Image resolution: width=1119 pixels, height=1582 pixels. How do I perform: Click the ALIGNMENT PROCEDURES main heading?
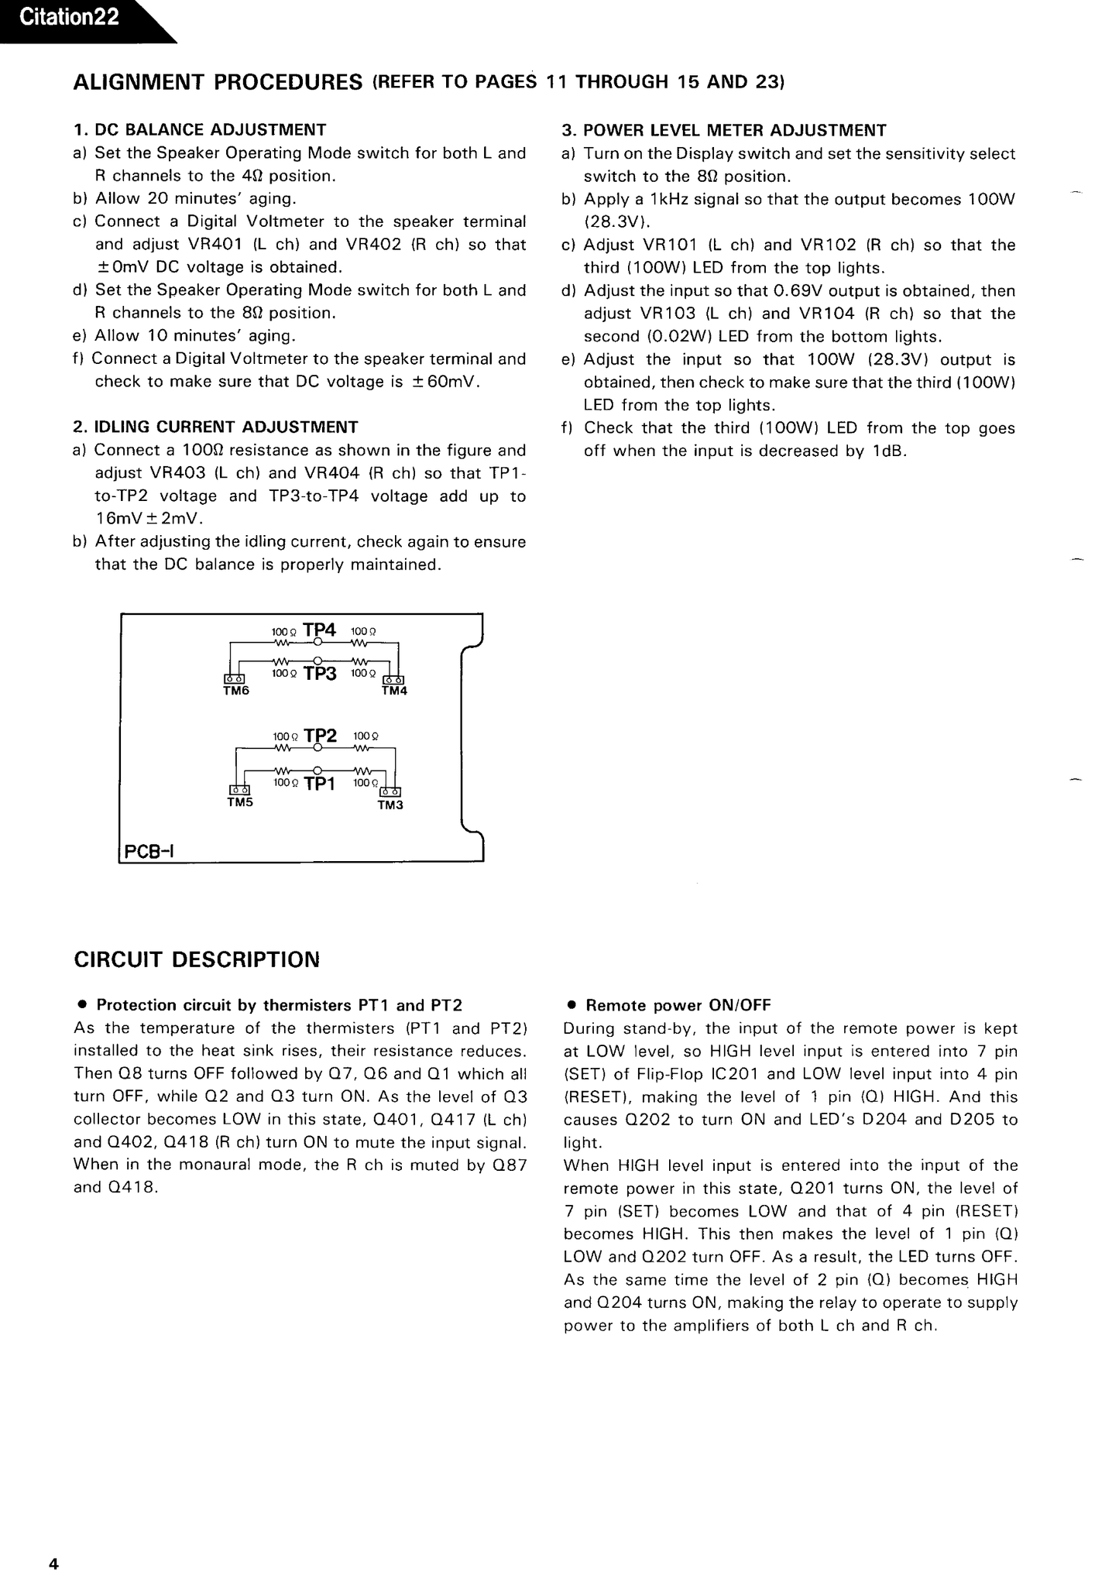218,82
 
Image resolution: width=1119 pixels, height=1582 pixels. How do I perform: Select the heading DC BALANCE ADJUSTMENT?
210,130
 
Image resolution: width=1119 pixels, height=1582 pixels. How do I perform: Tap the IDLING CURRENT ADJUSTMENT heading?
226,427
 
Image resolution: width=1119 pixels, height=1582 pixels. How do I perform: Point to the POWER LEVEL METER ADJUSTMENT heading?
734,131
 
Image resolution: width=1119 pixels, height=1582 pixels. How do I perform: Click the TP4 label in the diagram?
319,630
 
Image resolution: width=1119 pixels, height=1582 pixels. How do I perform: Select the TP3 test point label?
320,674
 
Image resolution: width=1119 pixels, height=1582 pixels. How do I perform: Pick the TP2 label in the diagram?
321,736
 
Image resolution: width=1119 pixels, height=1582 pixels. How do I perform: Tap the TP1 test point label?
320,784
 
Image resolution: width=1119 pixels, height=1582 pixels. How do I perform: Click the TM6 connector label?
236,691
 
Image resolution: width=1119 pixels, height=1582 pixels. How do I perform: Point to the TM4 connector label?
394,691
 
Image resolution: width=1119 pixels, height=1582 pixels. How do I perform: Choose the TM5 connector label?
240,802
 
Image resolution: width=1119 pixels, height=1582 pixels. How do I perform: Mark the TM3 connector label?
390,805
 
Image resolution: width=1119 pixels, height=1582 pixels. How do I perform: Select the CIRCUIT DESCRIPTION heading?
197,960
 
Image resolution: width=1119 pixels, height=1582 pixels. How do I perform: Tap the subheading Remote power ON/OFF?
678,1006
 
